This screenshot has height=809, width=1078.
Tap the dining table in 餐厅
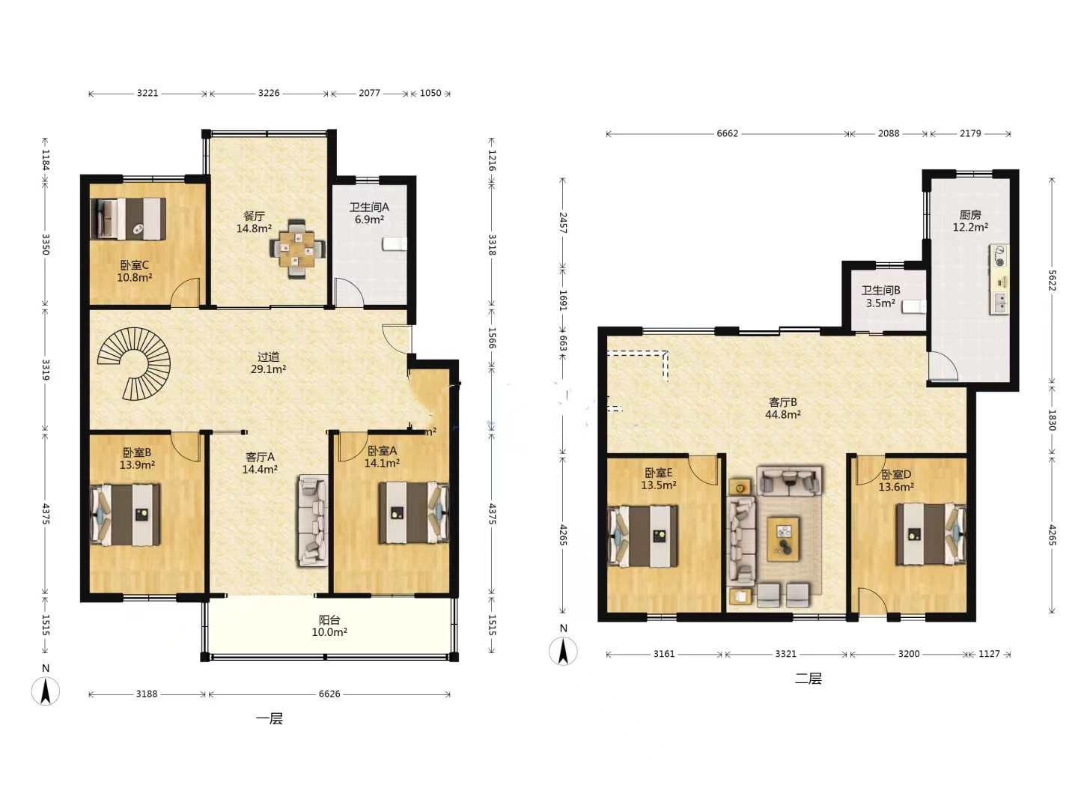coord(297,249)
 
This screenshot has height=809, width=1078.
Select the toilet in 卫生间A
coord(395,243)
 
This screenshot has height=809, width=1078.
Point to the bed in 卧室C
coord(128,219)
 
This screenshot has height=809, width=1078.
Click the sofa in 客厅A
coord(312,521)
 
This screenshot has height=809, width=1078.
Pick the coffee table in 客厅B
coord(783,539)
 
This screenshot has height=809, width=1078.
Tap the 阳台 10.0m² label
coord(329,626)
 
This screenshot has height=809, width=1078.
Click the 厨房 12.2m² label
coord(970,221)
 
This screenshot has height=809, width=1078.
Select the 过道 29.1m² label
coord(268,363)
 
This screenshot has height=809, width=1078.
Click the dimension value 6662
coord(727,133)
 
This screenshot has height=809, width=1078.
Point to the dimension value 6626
coord(329,694)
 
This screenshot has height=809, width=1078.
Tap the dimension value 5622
coord(1052,280)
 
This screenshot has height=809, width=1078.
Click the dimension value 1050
coord(430,93)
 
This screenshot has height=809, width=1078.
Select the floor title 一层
coord(269,718)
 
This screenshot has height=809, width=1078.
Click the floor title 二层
coord(808,679)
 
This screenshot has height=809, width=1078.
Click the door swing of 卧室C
coord(185,293)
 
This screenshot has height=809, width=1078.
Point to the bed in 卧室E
coord(642,536)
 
